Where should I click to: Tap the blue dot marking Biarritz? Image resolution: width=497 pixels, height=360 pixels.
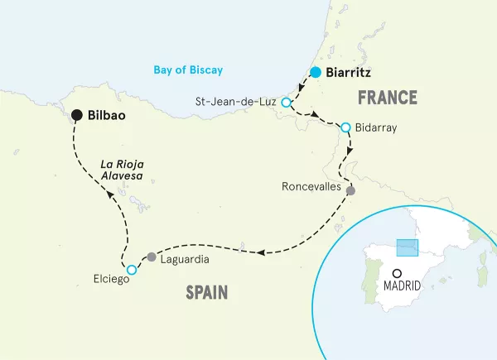[315, 72]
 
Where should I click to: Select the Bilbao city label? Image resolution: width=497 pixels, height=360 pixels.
[107, 116]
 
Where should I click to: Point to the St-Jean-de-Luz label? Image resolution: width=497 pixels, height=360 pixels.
[236, 103]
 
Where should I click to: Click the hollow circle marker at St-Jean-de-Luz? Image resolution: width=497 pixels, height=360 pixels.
[286, 103]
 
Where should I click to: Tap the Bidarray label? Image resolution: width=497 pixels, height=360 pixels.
[377, 128]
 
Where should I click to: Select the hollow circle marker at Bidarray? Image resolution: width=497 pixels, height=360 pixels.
[346, 128]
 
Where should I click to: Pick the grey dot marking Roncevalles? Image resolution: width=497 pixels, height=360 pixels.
[350, 191]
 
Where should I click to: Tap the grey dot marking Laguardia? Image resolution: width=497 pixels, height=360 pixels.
[151, 257]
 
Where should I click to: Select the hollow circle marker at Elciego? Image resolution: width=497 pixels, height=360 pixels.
[131, 270]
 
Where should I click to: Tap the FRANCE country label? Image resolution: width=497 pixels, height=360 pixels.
[387, 98]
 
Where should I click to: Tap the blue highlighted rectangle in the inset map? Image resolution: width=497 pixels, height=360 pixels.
[408, 249]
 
